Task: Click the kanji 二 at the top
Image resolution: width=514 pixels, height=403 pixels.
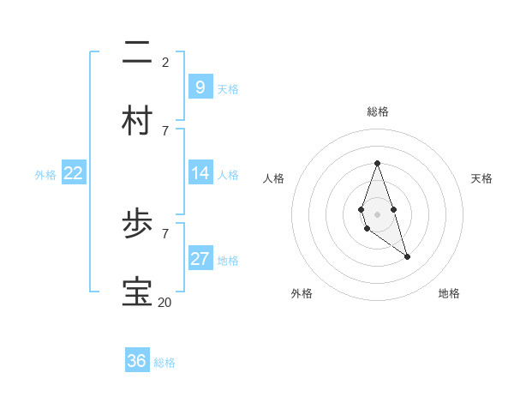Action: (137, 53)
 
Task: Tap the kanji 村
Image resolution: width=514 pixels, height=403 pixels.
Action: (137, 121)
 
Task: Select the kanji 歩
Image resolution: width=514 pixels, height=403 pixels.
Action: (137, 225)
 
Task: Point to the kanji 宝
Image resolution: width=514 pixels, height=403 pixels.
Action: (137, 292)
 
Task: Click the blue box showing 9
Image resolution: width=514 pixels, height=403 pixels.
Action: (200, 87)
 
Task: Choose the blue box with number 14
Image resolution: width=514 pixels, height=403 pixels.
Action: (200, 173)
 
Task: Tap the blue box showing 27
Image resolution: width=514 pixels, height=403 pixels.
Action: (200, 259)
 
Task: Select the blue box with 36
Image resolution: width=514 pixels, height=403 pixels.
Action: (137, 361)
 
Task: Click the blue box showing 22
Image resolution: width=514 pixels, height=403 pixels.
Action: (74, 173)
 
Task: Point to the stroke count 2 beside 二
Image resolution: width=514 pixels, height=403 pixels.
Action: (165, 62)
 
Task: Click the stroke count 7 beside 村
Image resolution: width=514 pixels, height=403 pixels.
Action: (165, 130)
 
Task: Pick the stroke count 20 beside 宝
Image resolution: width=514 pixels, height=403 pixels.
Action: (164, 302)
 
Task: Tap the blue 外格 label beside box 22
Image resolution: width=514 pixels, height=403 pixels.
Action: (45, 175)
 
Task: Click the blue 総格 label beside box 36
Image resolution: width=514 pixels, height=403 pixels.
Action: (164, 363)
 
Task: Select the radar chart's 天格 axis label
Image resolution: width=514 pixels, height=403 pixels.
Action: (481, 178)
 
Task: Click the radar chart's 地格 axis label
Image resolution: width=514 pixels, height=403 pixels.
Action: (449, 293)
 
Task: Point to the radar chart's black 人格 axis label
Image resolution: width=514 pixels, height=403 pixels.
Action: (273, 178)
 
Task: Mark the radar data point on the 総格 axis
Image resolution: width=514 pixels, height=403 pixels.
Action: (377, 163)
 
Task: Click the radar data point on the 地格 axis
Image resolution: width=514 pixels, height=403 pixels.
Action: (407, 256)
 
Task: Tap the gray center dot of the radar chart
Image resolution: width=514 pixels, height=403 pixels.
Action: (377, 214)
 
